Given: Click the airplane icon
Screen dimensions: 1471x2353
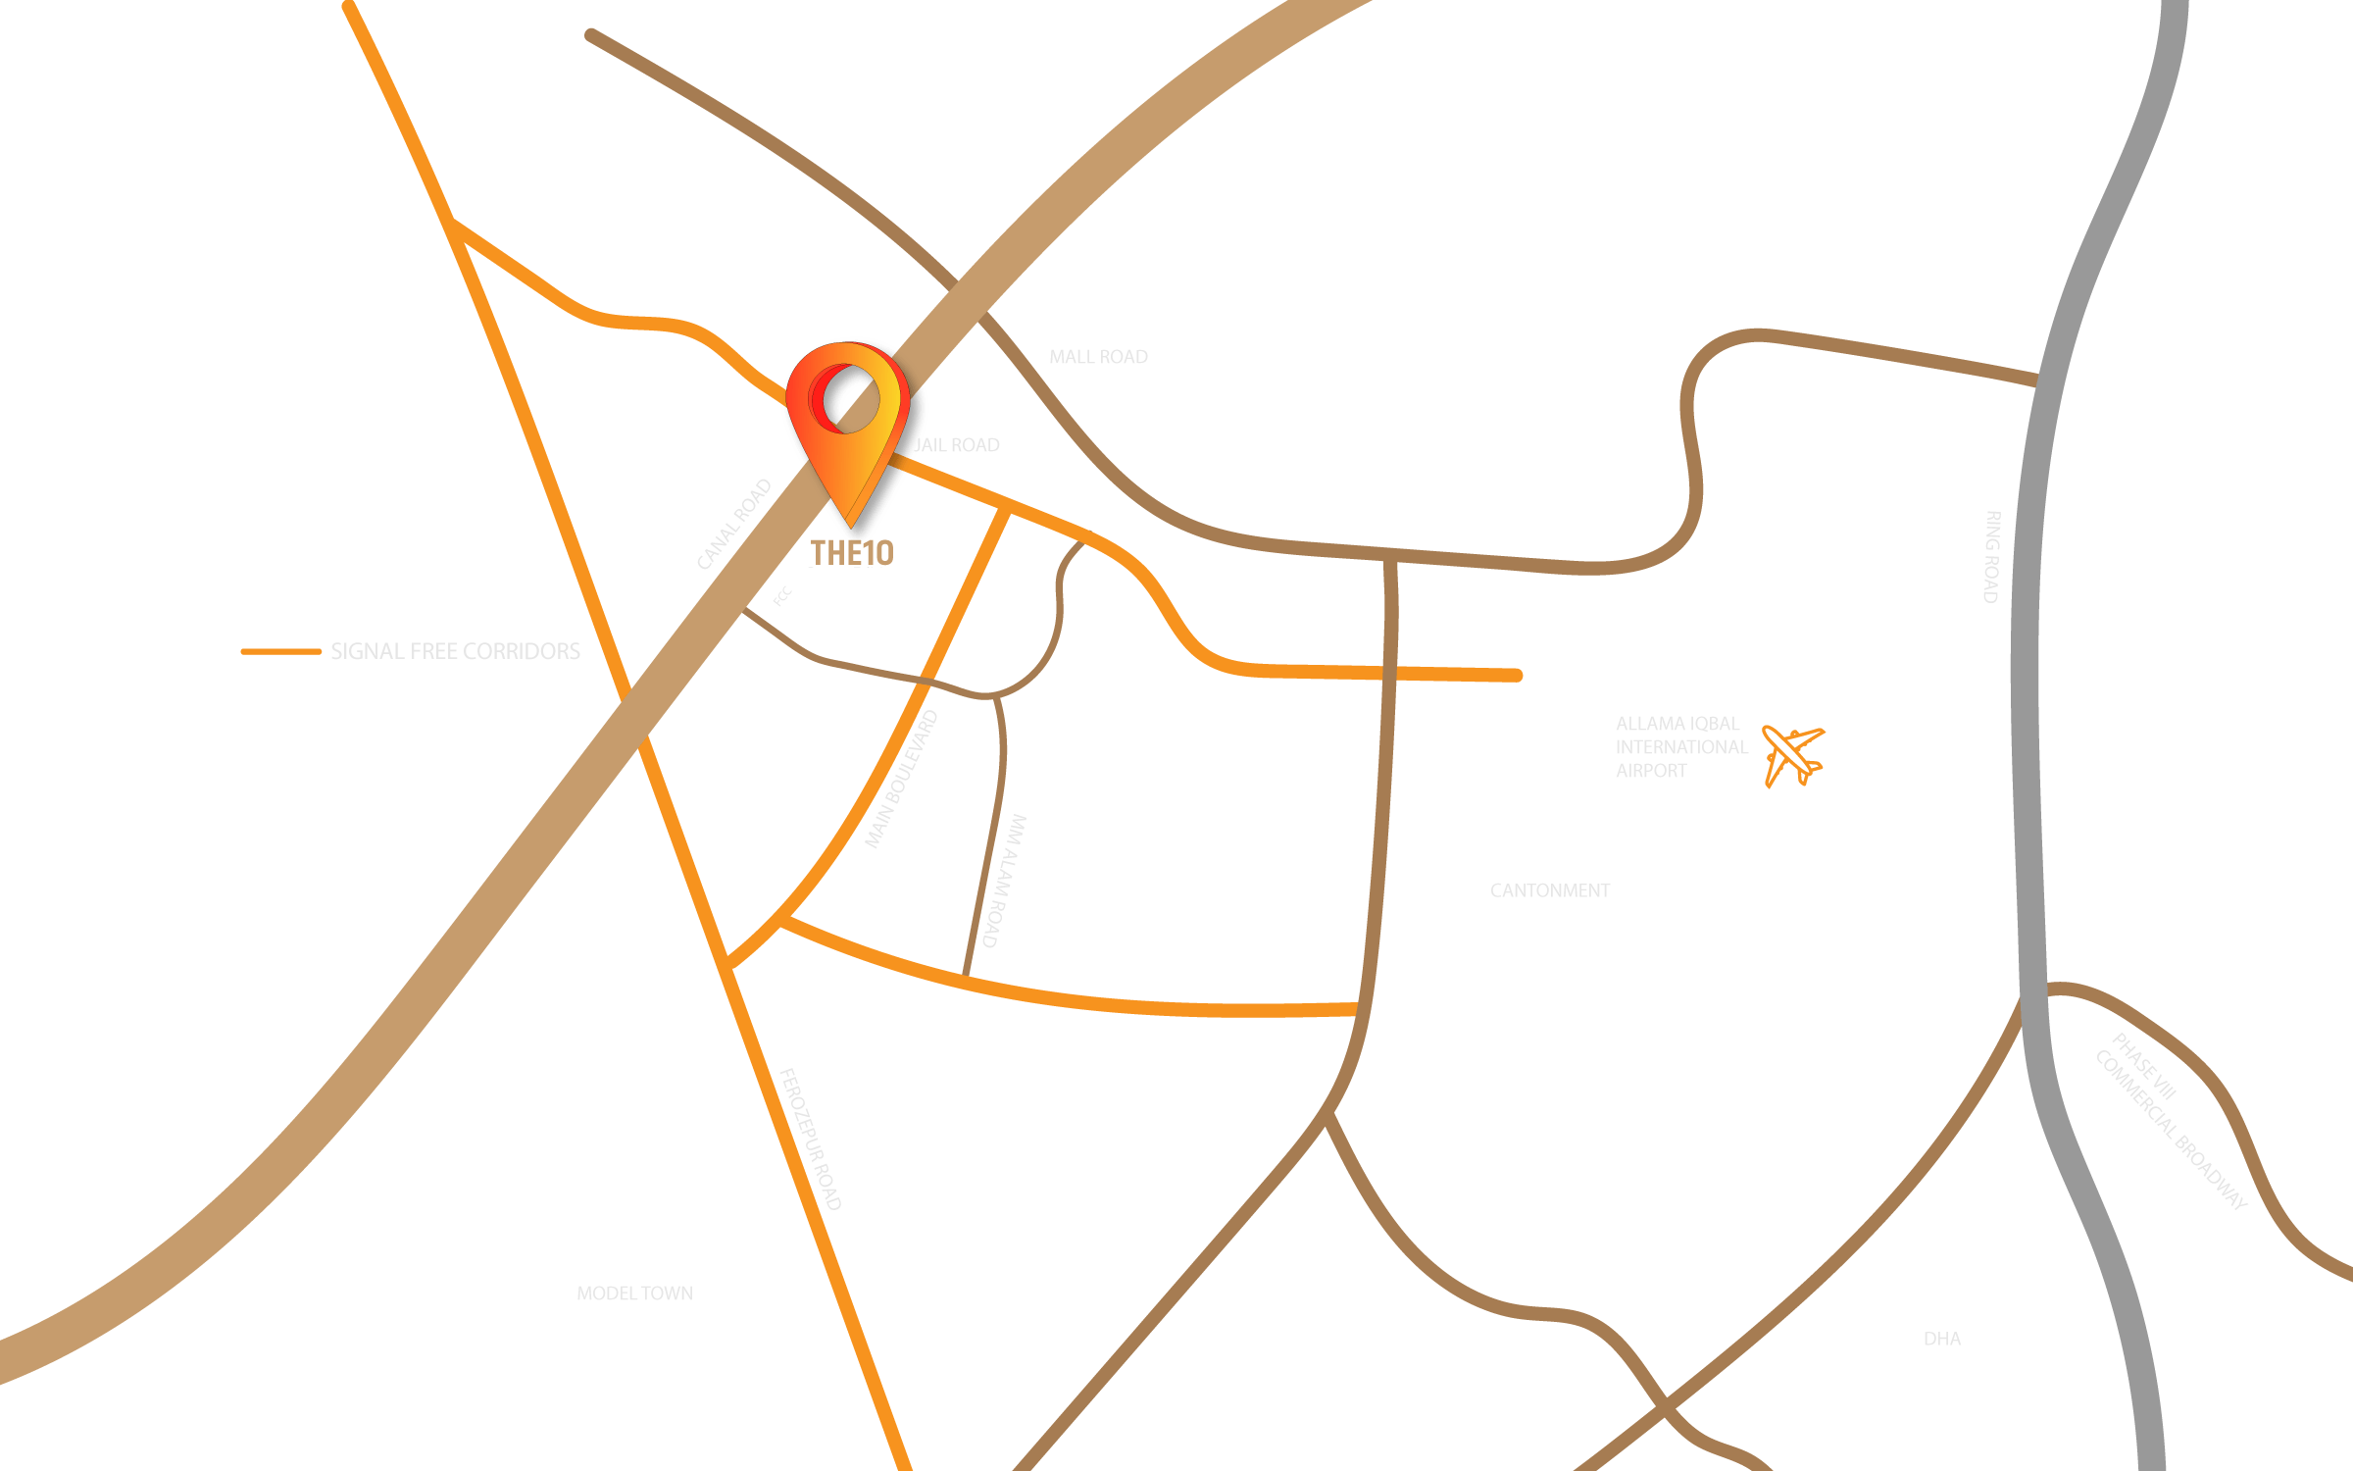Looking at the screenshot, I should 1793,755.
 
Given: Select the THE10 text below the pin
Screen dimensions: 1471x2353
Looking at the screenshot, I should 851,553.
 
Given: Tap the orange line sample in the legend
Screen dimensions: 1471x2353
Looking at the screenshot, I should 281,651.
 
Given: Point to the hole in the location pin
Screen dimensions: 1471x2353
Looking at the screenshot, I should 848,398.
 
